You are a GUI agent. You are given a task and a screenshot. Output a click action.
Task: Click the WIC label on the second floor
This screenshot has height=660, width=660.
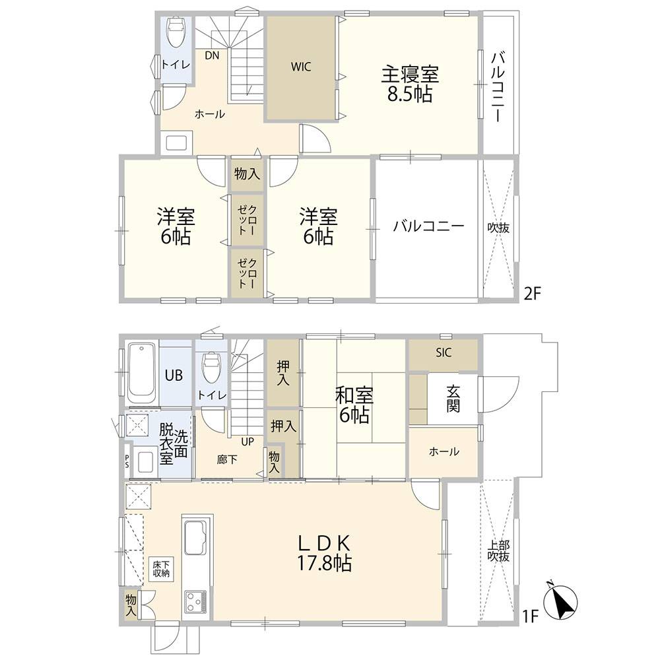(x=301, y=67)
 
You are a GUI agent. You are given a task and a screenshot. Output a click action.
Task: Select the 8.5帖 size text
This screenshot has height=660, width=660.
(x=409, y=94)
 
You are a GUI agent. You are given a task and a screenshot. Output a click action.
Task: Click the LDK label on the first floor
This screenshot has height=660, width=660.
(x=323, y=543)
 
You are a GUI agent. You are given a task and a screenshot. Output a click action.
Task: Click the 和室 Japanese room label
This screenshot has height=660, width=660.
(x=354, y=396)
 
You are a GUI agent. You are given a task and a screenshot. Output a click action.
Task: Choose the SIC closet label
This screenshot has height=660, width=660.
(x=444, y=353)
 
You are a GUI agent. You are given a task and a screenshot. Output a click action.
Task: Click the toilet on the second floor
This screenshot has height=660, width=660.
(x=176, y=32)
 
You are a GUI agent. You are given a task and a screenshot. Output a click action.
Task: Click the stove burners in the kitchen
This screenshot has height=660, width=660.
(x=197, y=602)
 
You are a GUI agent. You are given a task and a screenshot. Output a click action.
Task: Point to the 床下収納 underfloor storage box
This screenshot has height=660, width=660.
(x=162, y=569)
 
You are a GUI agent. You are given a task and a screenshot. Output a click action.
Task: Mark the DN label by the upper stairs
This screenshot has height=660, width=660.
(x=211, y=55)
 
